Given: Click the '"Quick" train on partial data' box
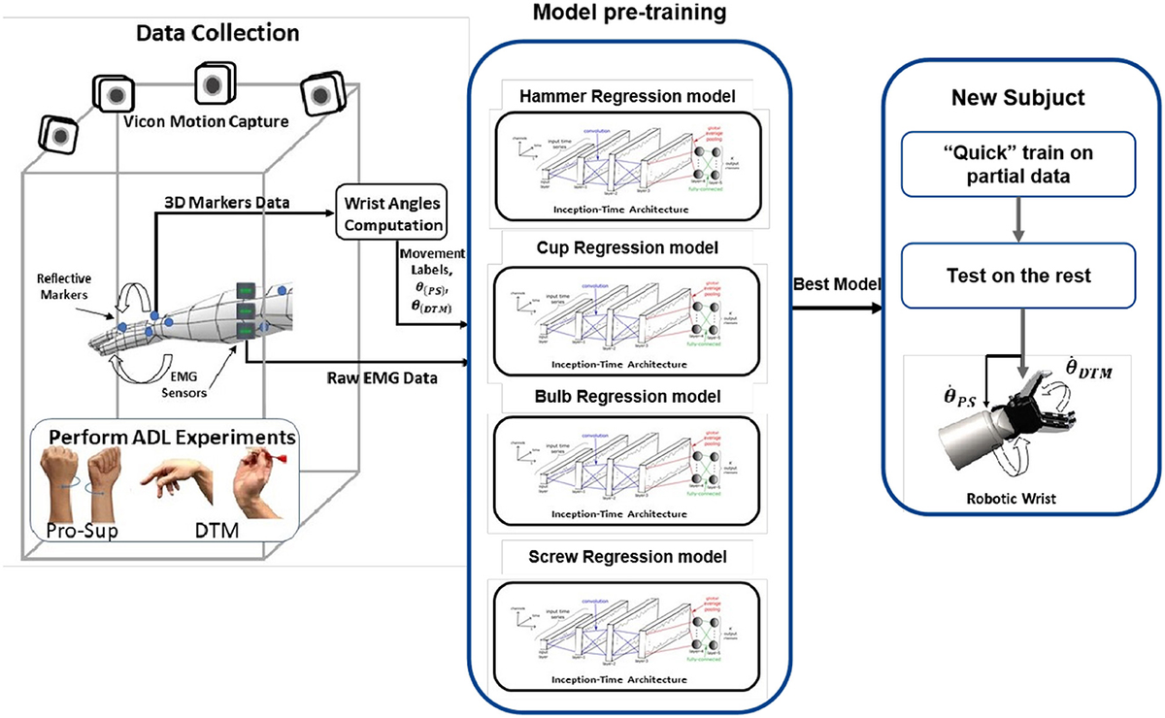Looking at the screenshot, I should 1018,164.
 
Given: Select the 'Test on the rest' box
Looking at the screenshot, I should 1018,275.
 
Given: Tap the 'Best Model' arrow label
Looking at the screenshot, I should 836,284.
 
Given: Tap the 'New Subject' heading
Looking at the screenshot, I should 1019,99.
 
